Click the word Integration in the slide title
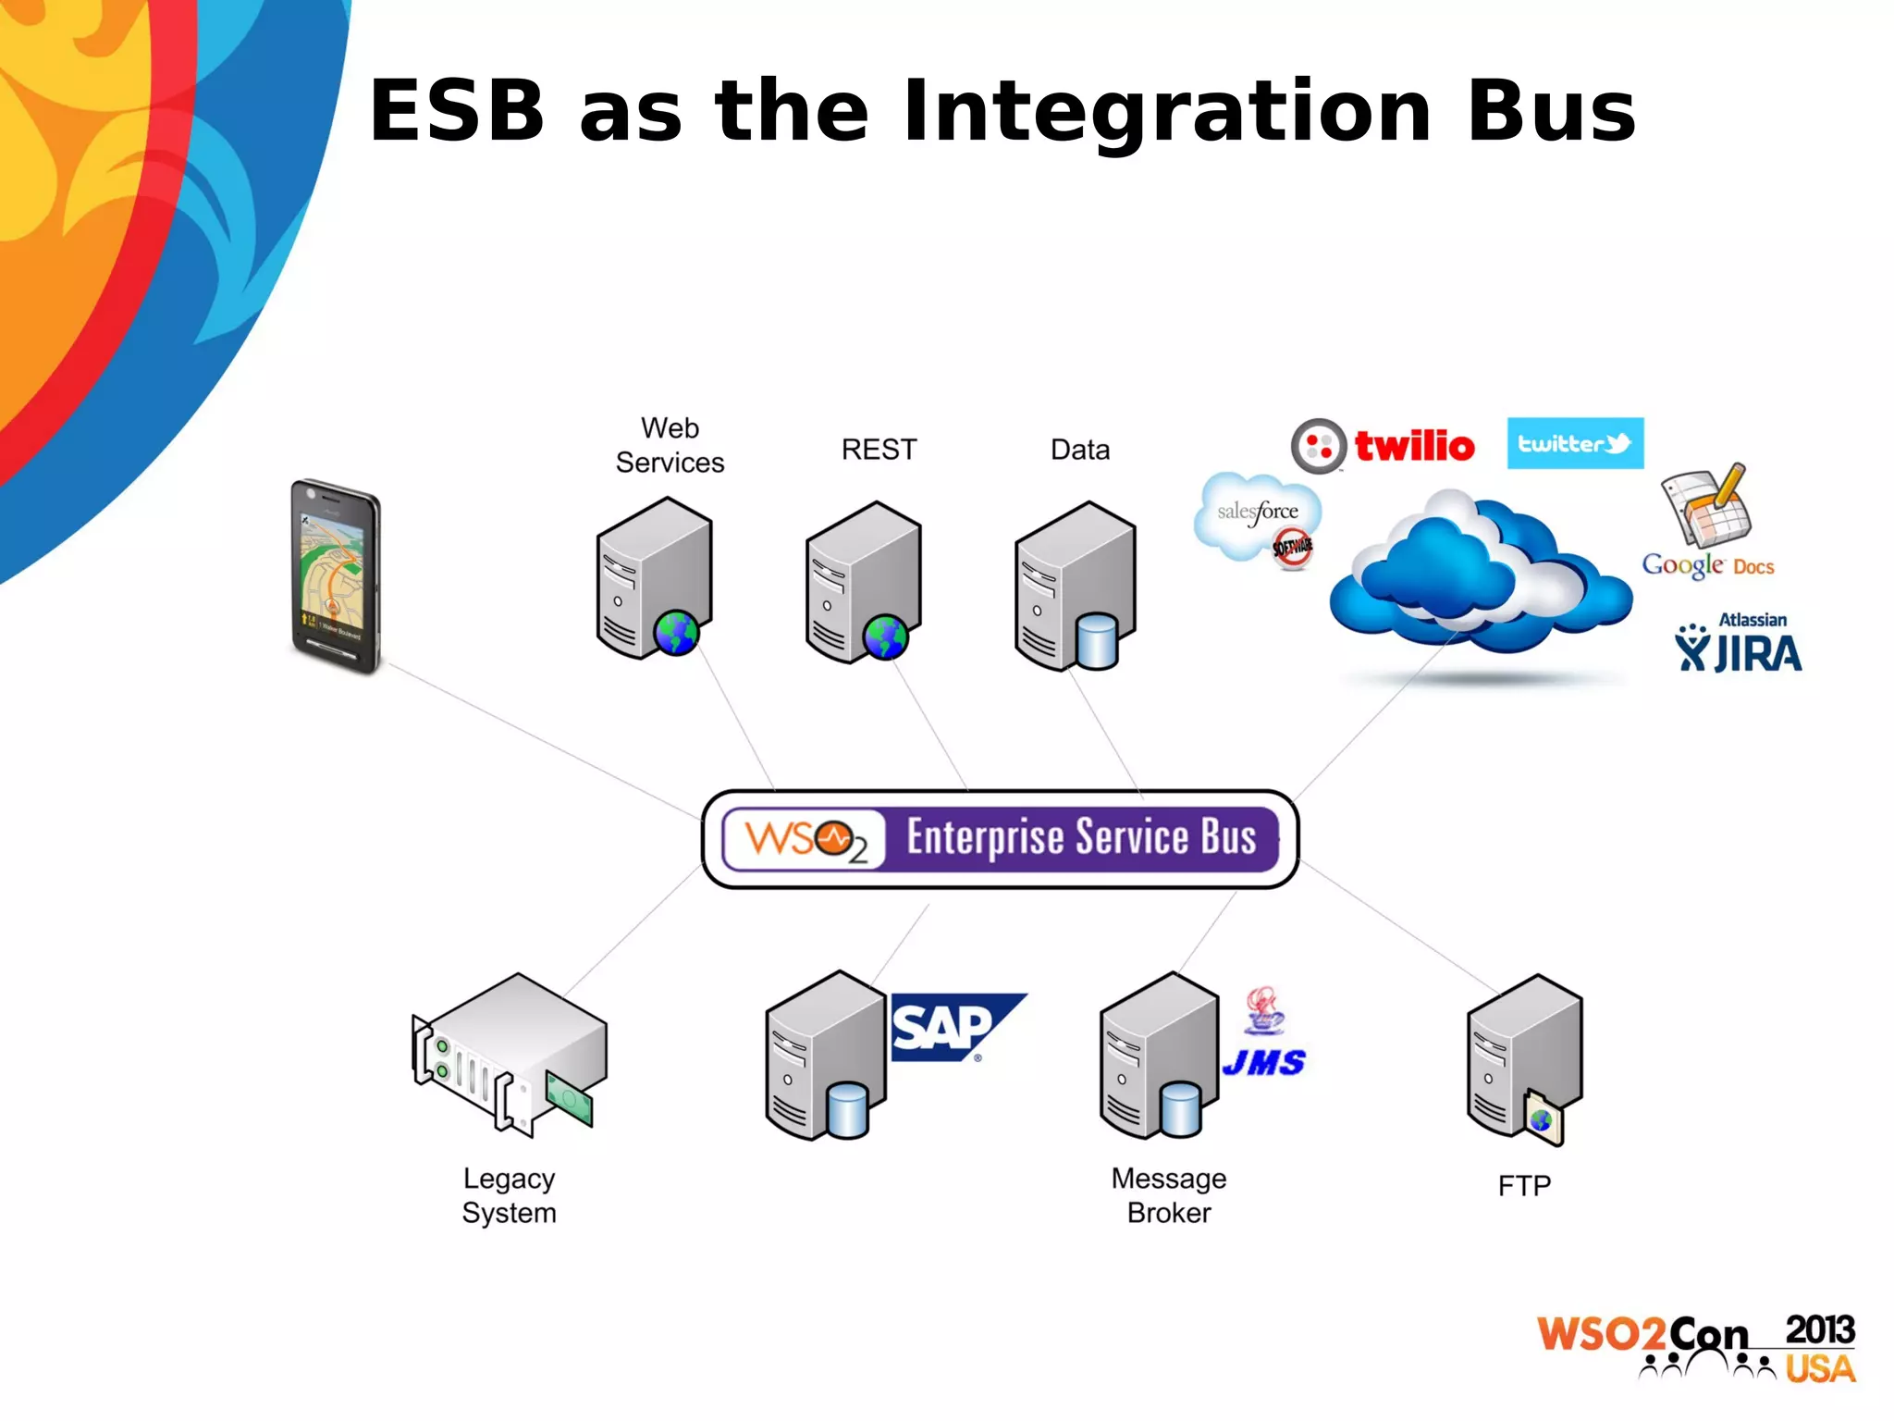tap(1167, 113)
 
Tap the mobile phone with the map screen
tap(336, 575)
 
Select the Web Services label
tap(670, 445)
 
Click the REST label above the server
tap(879, 450)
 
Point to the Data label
tap(1079, 450)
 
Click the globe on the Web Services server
tap(676, 634)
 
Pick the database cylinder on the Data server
tap(1097, 641)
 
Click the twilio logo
tap(1384, 446)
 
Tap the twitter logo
tap(1575, 443)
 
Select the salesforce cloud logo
tap(1257, 514)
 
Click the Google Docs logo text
tap(1707, 565)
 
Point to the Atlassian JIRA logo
tap(1739, 645)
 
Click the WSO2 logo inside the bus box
tap(806, 840)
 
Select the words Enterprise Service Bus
tap(1080, 838)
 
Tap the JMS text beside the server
tap(1263, 1063)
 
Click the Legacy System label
tap(509, 1195)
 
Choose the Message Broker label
tap(1168, 1195)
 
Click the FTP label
tap(1523, 1186)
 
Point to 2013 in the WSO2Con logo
tap(1819, 1330)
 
